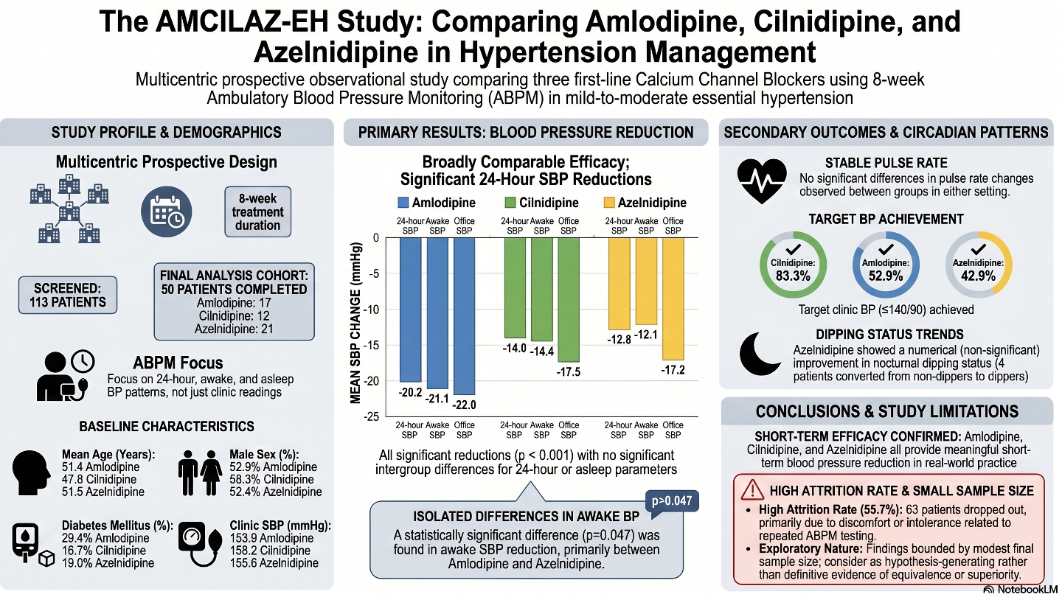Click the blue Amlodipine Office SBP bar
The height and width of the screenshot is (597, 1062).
tap(464, 316)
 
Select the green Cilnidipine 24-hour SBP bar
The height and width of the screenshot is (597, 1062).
tap(515, 287)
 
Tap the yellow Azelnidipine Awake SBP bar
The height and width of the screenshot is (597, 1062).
tap(646, 281)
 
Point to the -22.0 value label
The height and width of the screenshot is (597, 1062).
tap(464, 405)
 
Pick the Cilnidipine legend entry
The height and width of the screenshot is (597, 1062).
tap(541, 203)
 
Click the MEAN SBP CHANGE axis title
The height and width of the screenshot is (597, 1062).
tap(355, 323)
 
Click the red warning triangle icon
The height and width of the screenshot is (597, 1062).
tap(752, 490)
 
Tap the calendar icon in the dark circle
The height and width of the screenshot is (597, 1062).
tap(167, 212)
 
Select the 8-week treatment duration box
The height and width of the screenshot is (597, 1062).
tap(258, 212)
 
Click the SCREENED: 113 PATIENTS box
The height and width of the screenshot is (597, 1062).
tap(68, 295)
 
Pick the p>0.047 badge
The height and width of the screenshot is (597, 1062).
tap(672, 500)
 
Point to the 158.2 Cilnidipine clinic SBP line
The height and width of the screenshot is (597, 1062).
tap(270, 551)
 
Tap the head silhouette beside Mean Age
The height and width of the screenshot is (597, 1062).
tap(31, 473)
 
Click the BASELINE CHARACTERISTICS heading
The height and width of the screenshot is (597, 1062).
tap(167, 427)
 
